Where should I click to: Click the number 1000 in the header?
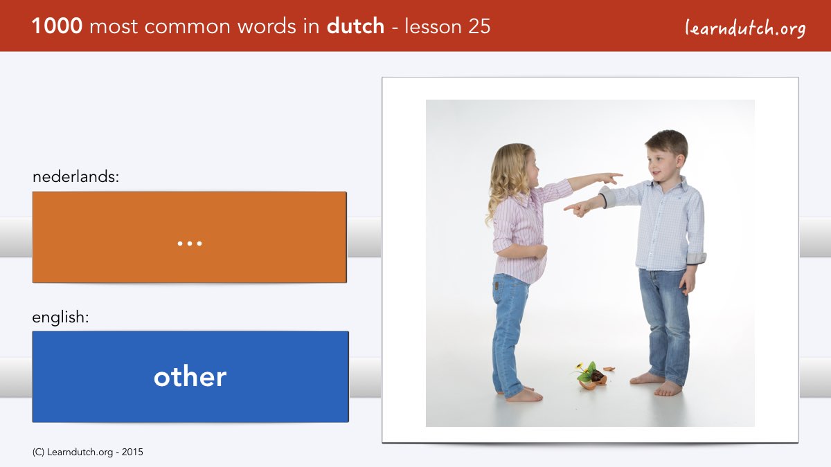tap(57, 26)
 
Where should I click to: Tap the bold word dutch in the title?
tap(355, 26)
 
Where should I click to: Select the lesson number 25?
tap(479, 26)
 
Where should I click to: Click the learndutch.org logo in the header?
tap(745, 28)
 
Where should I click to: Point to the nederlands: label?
tap(75, 176)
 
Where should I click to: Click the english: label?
tap(60, 318)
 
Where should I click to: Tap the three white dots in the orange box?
tap(190, 244)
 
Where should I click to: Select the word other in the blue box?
tap(190, 376)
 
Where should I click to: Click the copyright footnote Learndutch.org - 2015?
tap(87, 452)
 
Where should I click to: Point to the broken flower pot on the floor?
tap(593, 376)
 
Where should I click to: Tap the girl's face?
tap(533, 170)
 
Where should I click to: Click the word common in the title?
tap(188, 27)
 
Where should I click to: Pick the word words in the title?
tap(267, 27)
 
